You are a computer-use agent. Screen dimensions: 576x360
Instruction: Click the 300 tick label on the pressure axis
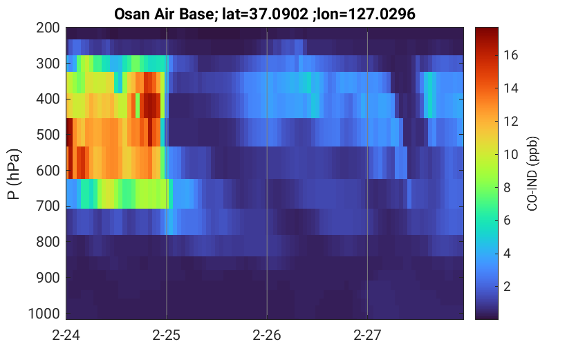[48, 64]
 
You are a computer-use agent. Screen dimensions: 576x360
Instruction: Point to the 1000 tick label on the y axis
[44, 314]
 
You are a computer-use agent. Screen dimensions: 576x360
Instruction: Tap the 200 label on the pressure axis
[48, 28]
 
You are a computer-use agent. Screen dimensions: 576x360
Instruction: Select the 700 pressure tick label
[48, 206]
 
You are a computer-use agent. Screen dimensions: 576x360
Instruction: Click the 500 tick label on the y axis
[48, 135]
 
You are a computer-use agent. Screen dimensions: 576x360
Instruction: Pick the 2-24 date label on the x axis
[66, 335]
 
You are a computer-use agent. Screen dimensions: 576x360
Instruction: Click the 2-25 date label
[167, 335]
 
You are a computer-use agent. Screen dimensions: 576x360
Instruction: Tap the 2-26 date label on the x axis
[267, 335]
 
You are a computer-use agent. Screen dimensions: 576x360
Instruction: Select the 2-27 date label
[367, 335]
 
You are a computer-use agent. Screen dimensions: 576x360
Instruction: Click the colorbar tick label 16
[510, 55]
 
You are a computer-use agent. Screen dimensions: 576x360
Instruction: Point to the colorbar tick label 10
[510, 154]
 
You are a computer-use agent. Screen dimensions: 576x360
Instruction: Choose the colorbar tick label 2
[507, 286]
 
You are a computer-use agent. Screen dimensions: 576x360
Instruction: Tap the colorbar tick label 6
[507, 220]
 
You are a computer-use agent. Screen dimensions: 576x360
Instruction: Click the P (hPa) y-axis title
[14, 174]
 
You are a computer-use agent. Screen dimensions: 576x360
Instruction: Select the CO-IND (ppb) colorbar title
[532, 173]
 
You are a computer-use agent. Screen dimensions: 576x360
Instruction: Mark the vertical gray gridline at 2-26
[267, 173]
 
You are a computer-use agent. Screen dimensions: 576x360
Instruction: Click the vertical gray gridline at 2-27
[367, 173]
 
